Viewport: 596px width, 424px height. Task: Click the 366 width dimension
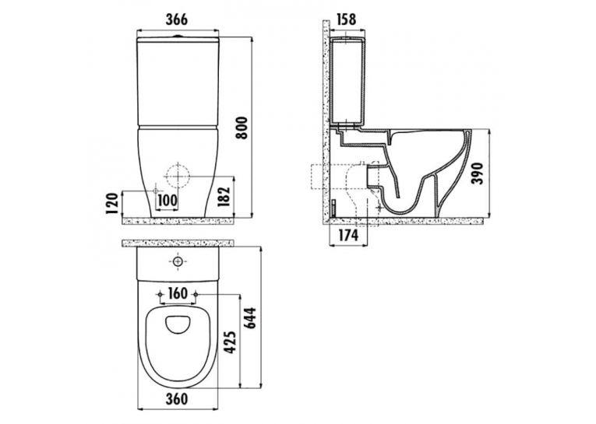[x=176, y=19]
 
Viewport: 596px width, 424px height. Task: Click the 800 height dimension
[x=242, y=128]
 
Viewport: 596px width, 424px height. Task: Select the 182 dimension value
[x=224, y=197]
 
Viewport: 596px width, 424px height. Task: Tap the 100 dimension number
[x=167, y=201]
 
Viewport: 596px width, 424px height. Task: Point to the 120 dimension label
[x=112, y=204]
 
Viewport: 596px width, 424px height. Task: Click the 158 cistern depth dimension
[x=346, y=19]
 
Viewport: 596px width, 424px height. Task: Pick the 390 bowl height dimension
[x=477, y=173]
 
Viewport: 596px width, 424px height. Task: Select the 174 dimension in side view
[x=347, y=236]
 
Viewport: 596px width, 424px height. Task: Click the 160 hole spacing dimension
[x=178, y=293]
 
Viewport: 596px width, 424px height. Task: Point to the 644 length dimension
[x=251, y=318]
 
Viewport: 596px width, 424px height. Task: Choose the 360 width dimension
[x=177, y=399]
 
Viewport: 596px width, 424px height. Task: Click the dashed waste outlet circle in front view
[x=178, y=177]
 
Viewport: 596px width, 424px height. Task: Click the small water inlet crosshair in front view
[x=156, y=190]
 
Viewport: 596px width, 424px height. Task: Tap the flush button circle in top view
[x=178, y=261]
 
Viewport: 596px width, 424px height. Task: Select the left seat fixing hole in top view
[x=160, y=295]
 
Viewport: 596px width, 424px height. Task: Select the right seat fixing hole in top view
[x=196, y=295]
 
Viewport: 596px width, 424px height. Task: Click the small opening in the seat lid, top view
[x=178, y=325]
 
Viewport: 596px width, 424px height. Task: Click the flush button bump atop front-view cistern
[x=178, y=37]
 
